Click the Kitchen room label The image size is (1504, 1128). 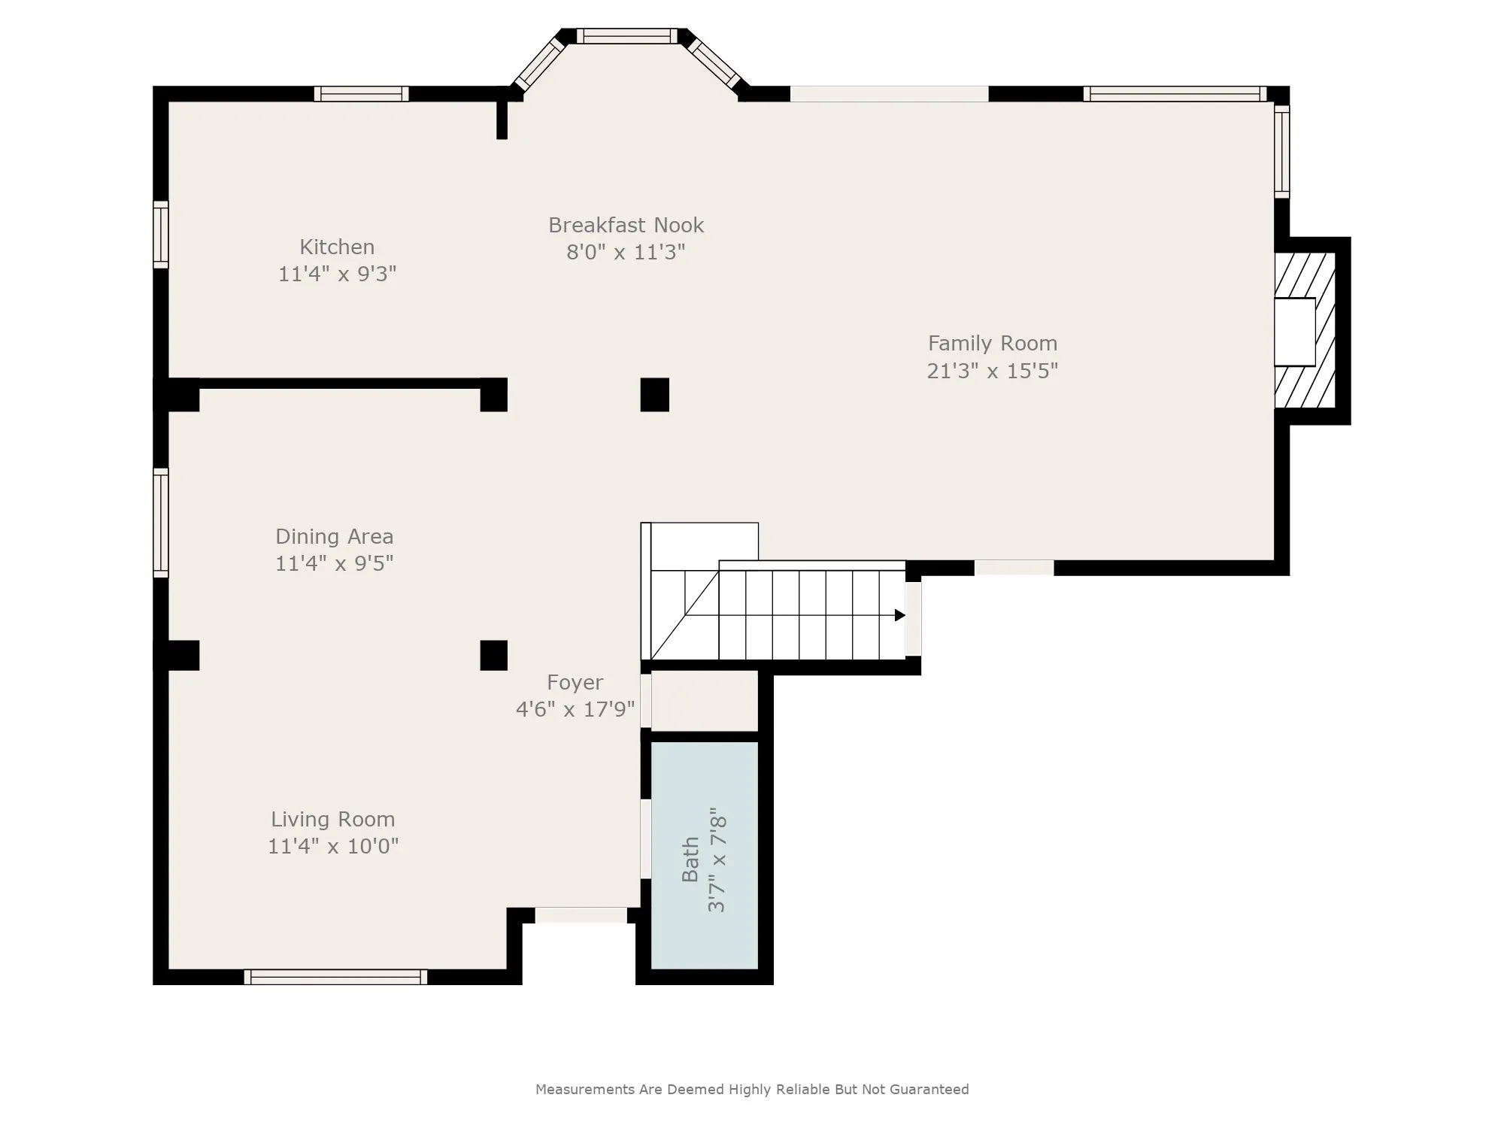tap(337, 247)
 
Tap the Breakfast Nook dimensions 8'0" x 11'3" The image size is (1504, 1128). tap(626, 252)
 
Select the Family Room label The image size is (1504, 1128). tap(993, 344)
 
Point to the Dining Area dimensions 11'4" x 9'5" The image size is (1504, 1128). tap(334, 563)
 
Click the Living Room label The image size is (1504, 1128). tap(333, 820)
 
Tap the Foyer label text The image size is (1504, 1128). tap(575, 683)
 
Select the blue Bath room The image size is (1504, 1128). tap(705, 855)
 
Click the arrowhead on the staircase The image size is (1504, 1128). tap(899, 615)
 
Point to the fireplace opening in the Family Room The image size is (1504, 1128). tap(1294, 332)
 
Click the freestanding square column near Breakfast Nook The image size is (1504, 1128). tap(654, 395)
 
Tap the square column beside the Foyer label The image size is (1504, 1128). tap(493, 655)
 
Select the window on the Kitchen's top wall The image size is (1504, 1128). tap(362, 94)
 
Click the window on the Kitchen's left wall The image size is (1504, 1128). tap(161, 235)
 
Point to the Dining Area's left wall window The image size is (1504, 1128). tap(161, 523)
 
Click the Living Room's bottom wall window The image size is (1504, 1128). tap(335, 977)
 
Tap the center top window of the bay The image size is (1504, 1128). tap(627, 36)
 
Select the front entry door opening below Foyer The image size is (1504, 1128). tap(581, 915)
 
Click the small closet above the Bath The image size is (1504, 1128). tap(705, 701)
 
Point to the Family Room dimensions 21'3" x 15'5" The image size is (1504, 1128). tap(993, 371)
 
